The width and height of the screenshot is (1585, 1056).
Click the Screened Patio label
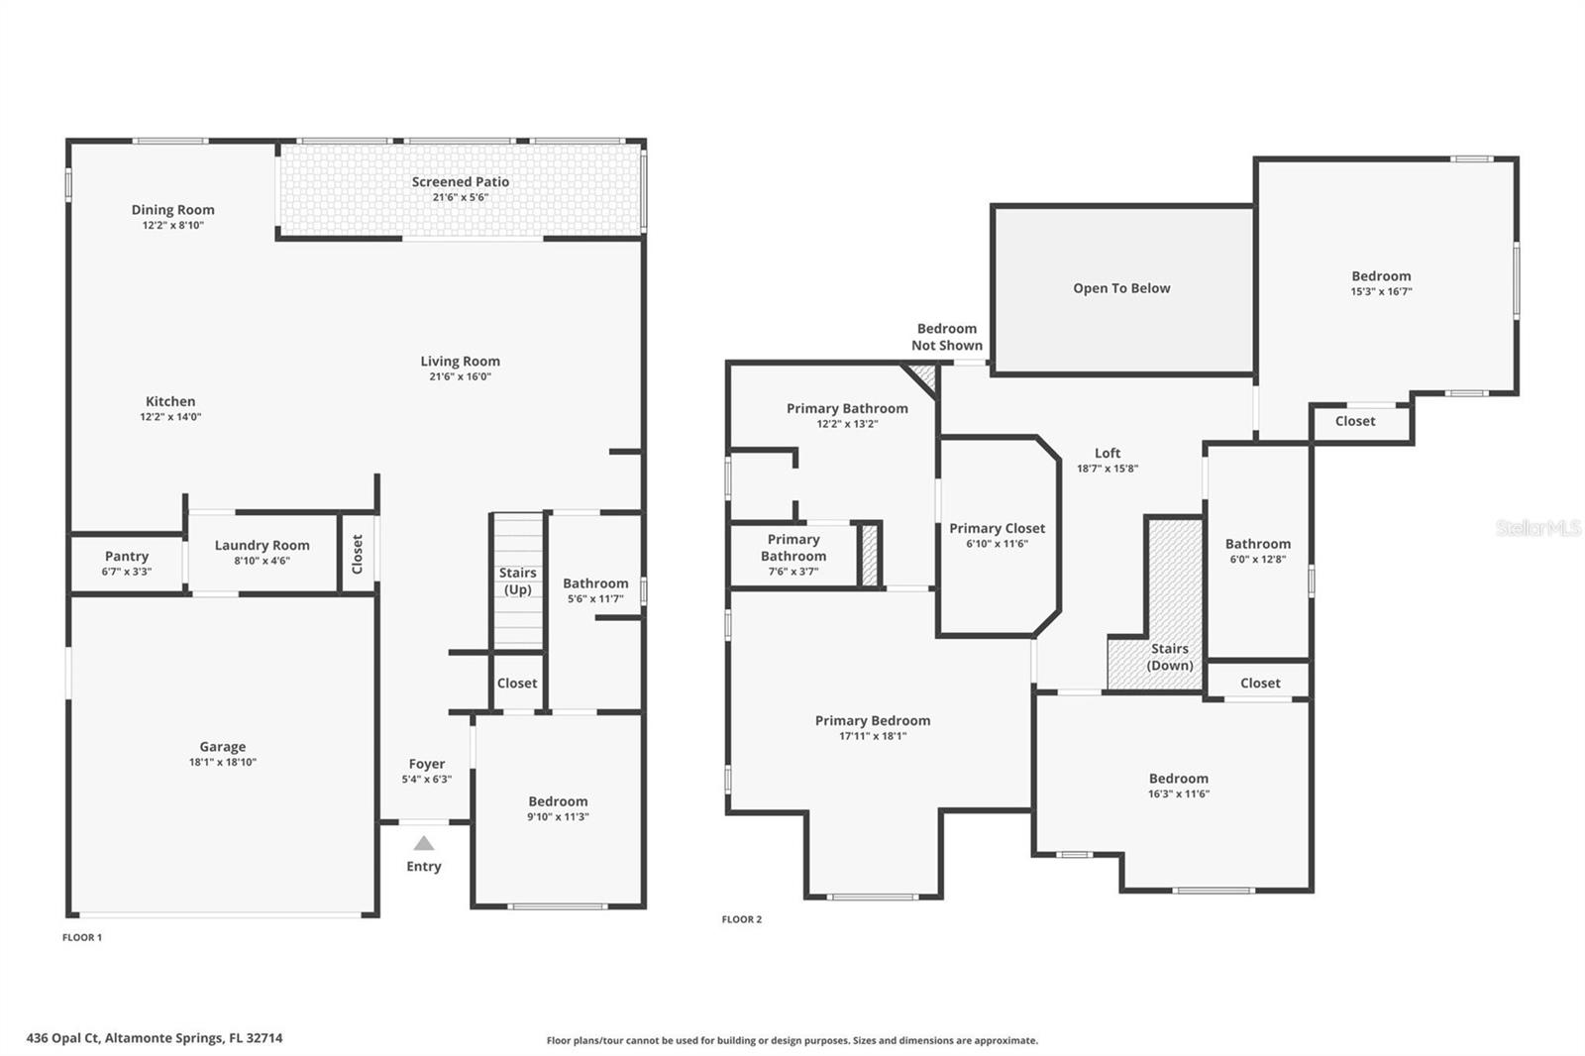461,182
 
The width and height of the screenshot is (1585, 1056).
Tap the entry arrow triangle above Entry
424,843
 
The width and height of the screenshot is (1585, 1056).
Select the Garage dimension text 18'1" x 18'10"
223,763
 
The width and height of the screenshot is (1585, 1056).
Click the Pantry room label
127,557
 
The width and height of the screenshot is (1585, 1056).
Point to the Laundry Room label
263,546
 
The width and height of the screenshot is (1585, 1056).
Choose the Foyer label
427,764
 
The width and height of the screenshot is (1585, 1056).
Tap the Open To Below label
1121,288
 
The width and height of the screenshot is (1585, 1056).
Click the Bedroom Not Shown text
947,337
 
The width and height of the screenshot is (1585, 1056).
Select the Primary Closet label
997,529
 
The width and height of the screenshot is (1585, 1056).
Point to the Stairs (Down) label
1170,657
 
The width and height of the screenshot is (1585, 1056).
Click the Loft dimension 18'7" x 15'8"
1108,469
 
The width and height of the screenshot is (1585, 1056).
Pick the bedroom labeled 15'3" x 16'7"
1381,283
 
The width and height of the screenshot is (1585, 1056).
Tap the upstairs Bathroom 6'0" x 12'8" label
1258,544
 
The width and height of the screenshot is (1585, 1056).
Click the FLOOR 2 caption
742,919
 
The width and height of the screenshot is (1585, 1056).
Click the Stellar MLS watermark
1537,528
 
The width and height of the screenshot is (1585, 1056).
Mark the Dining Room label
173,210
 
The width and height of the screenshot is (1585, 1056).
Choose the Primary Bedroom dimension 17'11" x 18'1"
873,736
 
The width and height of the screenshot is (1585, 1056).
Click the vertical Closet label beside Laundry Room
358,554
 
